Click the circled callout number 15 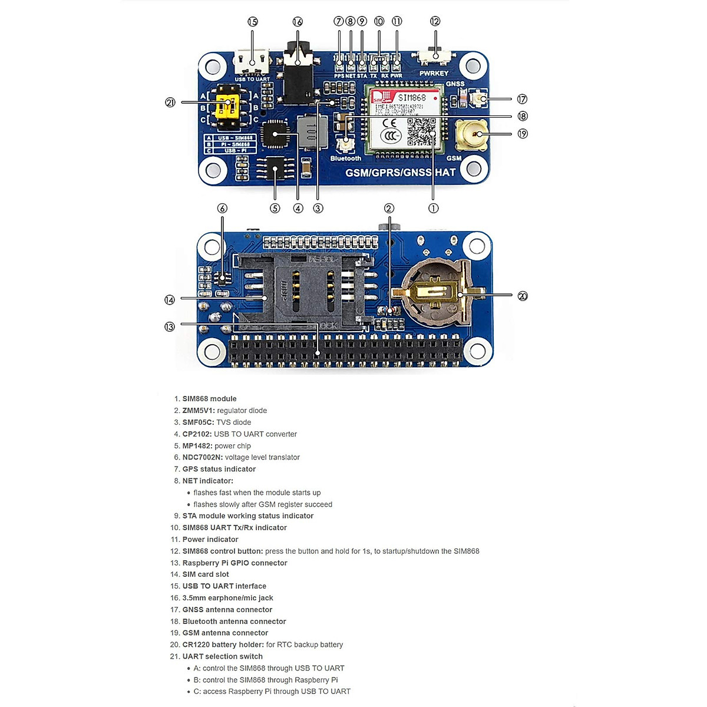253,22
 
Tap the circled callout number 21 170,103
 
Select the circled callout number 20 523,296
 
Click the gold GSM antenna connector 472,134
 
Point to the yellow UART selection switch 226,107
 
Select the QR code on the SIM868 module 422,131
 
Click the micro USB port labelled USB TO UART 252,61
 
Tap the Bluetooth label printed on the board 346,158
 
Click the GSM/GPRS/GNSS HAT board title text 401,173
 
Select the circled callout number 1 433,208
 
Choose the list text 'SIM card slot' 206,574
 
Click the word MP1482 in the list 197,446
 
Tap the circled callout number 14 170,300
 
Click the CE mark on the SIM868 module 390,124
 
